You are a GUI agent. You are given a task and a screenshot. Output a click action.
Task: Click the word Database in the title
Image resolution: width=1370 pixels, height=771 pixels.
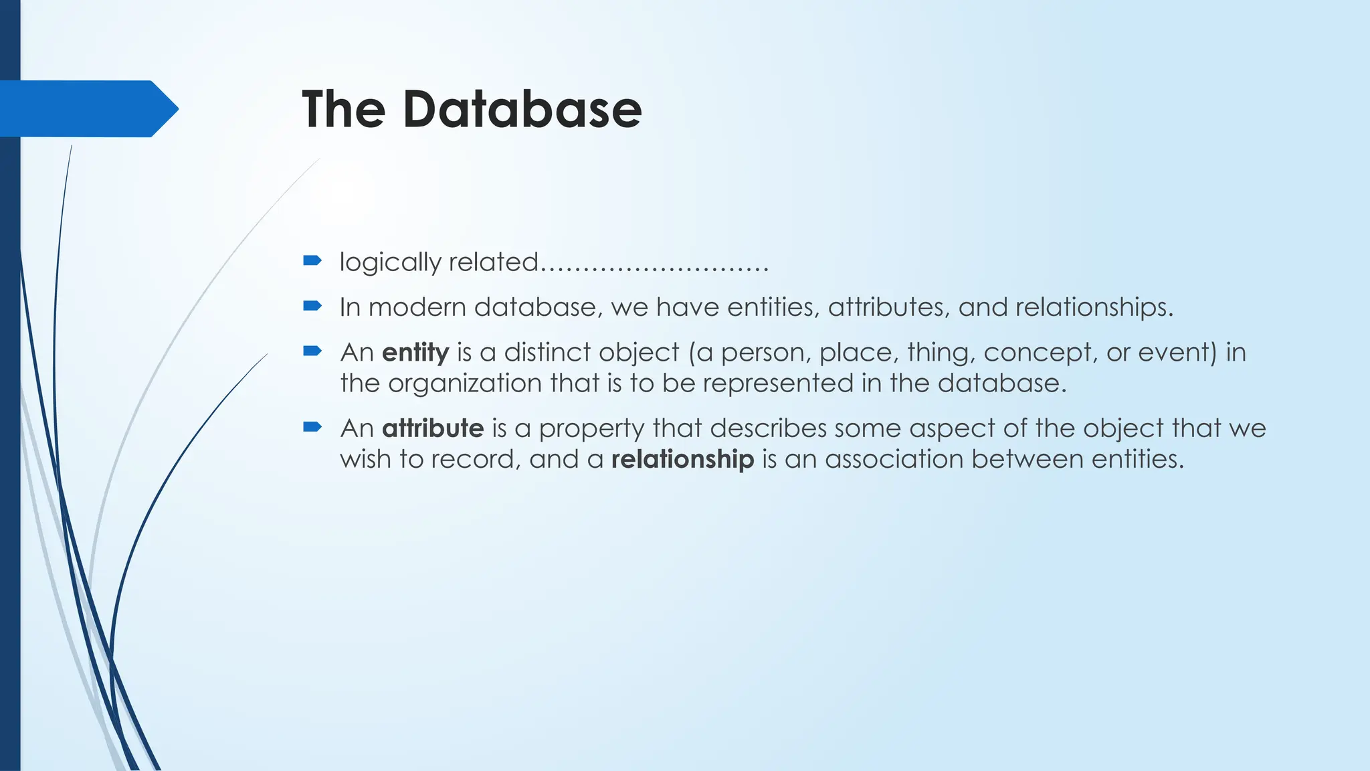point(522,109)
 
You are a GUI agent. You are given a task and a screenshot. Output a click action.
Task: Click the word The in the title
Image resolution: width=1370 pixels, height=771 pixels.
point(343,109)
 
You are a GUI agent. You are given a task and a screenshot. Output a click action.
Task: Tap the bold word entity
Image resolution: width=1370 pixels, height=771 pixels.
point(415,352)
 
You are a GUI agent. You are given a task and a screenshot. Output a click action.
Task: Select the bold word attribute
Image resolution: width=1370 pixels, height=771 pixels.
point(433,428)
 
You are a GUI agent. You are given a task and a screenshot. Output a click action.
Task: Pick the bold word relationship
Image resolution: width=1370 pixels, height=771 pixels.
point(682,459)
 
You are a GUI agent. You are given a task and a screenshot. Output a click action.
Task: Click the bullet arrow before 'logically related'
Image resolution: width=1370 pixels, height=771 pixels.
point(312,260)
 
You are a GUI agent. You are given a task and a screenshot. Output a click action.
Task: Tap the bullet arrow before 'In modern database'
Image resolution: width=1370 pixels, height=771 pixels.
point(312,306)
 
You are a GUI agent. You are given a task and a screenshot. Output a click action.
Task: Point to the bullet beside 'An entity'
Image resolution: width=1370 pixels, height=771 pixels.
point(312,351)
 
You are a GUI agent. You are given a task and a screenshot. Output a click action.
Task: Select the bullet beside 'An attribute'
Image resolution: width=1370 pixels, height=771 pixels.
point(312,427)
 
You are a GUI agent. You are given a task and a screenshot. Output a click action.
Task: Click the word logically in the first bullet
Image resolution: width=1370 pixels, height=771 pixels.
point(390,262)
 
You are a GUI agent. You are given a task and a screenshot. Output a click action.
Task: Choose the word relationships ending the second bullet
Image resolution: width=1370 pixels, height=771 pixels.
point(1094,307)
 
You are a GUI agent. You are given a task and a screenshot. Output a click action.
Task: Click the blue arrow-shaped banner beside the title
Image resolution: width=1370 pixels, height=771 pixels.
point(87,108)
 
